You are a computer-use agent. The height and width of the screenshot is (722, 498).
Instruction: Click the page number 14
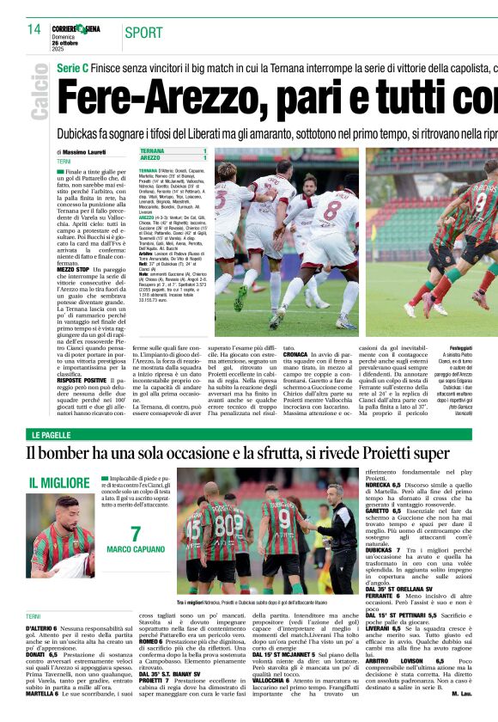point(33,29)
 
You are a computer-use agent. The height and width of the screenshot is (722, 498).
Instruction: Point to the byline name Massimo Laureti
point(85,152)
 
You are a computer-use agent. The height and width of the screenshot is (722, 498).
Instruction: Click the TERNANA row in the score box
point(173,150)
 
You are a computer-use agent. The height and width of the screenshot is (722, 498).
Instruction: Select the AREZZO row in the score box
point(173,158)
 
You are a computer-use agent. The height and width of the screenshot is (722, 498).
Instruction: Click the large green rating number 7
point(136,534)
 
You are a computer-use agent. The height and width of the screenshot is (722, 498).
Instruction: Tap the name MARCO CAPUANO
point(136,549)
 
